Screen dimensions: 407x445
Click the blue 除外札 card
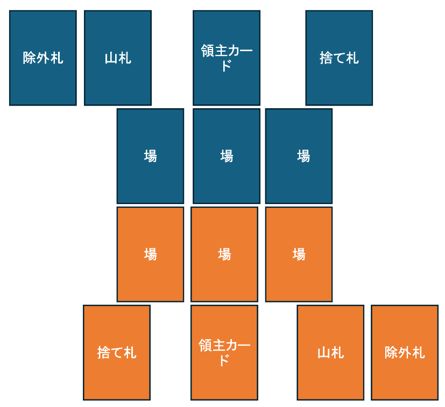tap(43, 58)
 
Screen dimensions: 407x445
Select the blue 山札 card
tap(117, 58)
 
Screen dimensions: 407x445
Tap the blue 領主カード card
tap(227, 58)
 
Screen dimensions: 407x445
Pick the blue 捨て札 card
tap(339, 58)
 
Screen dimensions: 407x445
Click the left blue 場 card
tap(150, 156)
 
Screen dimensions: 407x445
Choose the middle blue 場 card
tap(227, 156)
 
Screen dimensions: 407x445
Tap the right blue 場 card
tap(299, 156)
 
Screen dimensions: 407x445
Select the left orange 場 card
tap(150, 254)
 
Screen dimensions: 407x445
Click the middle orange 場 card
tap(224, 254)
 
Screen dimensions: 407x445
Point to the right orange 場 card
tap(299, 254)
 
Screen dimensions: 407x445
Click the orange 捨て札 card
tap(117, 353)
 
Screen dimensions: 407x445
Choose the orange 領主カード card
tap(224, 353)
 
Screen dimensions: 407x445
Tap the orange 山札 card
tap(330, 353)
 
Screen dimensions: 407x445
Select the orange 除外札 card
tap(405, 353)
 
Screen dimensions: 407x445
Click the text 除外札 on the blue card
tap(43, 58)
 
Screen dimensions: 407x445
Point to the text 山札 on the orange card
tap(330, 353)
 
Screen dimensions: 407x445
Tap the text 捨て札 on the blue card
tap(339, 58)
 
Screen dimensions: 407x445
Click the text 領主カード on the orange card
tap(224, 352)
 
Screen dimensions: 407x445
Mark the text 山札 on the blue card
tap(117, 58)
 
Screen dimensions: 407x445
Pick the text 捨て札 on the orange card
tap(117, 353)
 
